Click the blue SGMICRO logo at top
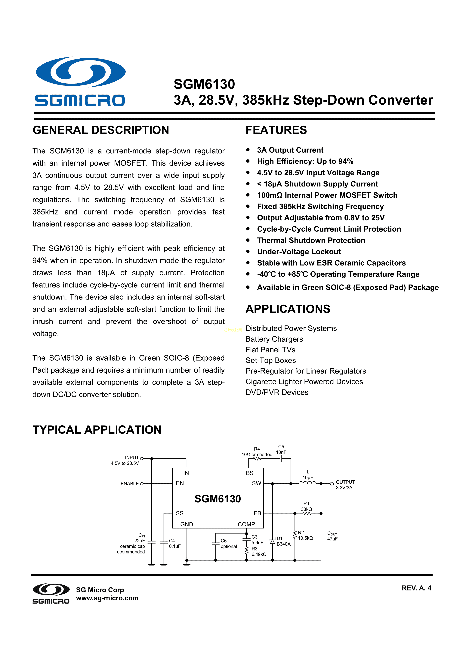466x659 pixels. [80, 82]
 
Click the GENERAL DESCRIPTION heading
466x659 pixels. [101, 130]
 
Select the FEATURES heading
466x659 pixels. [276, 130]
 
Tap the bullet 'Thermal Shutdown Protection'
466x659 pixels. [311, 240]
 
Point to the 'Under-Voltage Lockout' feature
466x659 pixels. [299, 252]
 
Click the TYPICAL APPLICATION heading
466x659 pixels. [97, 430]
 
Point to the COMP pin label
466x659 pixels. [246, 524]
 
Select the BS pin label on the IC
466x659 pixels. [249, 473]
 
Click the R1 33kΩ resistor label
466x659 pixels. [306, 506]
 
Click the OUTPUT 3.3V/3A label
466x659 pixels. [345, 485]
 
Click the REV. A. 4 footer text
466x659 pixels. [416, 588]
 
